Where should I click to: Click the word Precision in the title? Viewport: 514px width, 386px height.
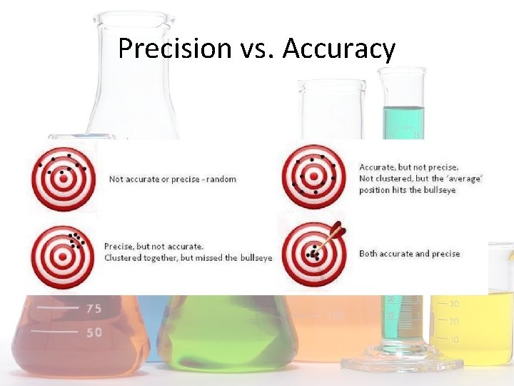(x=174, y=49)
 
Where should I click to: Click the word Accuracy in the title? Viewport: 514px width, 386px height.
(x=339, y=49)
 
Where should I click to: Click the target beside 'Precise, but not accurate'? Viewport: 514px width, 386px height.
(x=63, y=254)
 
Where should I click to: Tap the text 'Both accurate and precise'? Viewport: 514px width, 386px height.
(x=409, y=254)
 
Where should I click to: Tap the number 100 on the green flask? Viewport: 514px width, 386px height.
(x=335, y=315)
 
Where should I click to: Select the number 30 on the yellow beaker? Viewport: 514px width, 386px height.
(x=454, y=305)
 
